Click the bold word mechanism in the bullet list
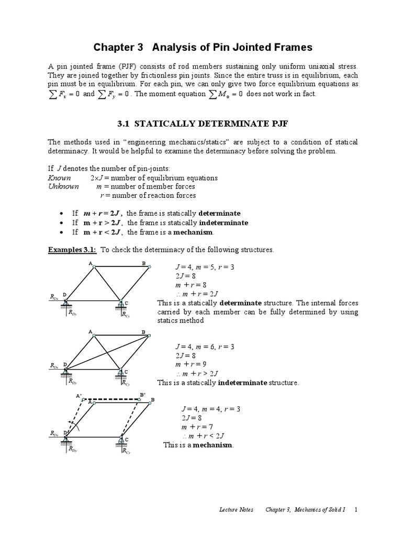tap(195, 232)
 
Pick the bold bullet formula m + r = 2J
tap(100, 213)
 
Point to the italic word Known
tap(59, 178)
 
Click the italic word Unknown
tap(63, 186)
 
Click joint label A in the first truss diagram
tap(90, 262)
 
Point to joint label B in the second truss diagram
tap(143, 332)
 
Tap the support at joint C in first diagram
tap(121, 305)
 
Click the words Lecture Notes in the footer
tap(236, 509)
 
